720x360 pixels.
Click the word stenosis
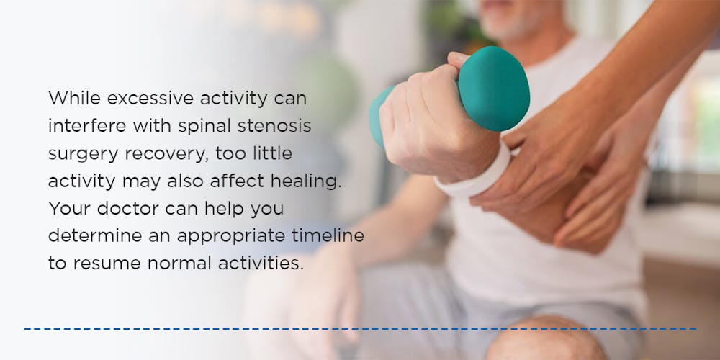pyautogui.click(x=274, y=126)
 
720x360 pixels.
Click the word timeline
pyautogui.click(x=328, y=236)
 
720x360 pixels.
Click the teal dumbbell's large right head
pyautogui.click(x=494, y=89)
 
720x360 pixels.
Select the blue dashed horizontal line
pyautogui.click(x=361, y=329)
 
